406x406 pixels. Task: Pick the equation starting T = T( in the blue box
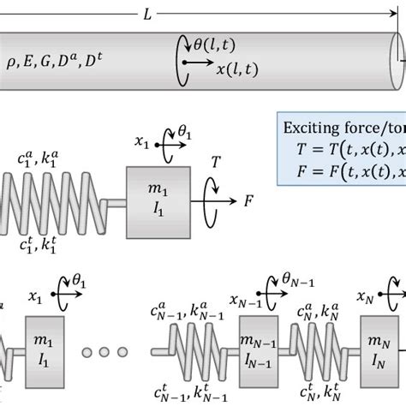point(343,148)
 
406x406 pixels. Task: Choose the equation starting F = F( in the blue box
point(343,169)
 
